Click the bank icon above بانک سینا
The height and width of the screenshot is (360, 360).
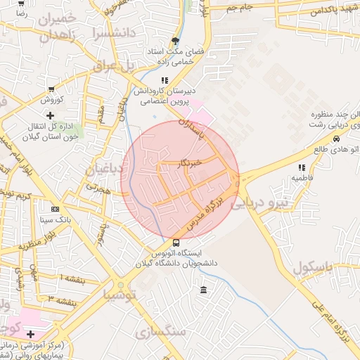[55, 210]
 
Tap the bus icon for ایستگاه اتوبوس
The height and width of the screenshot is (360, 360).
[176, 243]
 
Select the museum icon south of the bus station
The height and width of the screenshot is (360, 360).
[203, 290]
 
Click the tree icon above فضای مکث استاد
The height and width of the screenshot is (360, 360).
[175, 41]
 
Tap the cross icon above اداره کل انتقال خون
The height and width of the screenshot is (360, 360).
[50, 115]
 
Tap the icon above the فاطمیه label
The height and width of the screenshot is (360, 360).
[302, 167]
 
